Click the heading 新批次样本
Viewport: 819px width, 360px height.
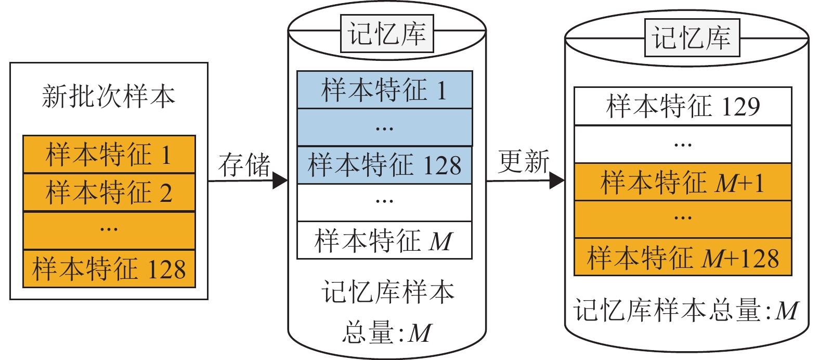(108, 97)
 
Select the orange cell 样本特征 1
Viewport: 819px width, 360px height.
(109, 155)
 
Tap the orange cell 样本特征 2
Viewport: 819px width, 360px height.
(109, 192)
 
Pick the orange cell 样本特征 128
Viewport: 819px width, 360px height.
(109, 268)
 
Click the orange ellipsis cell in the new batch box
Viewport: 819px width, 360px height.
(109, 230)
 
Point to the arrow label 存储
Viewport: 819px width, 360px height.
(244, 165)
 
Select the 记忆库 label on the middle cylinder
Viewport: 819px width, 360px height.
(387, 34)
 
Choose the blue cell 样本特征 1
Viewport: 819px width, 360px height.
(384, 89)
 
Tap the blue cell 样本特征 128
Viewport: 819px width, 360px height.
(384, 165)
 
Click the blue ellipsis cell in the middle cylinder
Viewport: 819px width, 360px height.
(384, 127)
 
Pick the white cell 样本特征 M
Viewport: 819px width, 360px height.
(384, 240)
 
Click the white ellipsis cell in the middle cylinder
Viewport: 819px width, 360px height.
(384, 202)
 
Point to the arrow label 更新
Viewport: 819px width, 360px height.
(524, 161)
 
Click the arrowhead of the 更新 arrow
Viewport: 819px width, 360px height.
(557, 181)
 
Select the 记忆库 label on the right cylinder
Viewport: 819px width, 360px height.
(692, 38)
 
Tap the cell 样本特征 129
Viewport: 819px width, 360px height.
(683, 106)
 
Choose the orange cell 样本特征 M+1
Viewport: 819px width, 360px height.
(683, 182)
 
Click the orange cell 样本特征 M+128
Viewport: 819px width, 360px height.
(683, 257)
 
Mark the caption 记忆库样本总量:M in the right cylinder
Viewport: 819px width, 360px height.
(686, 311)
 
